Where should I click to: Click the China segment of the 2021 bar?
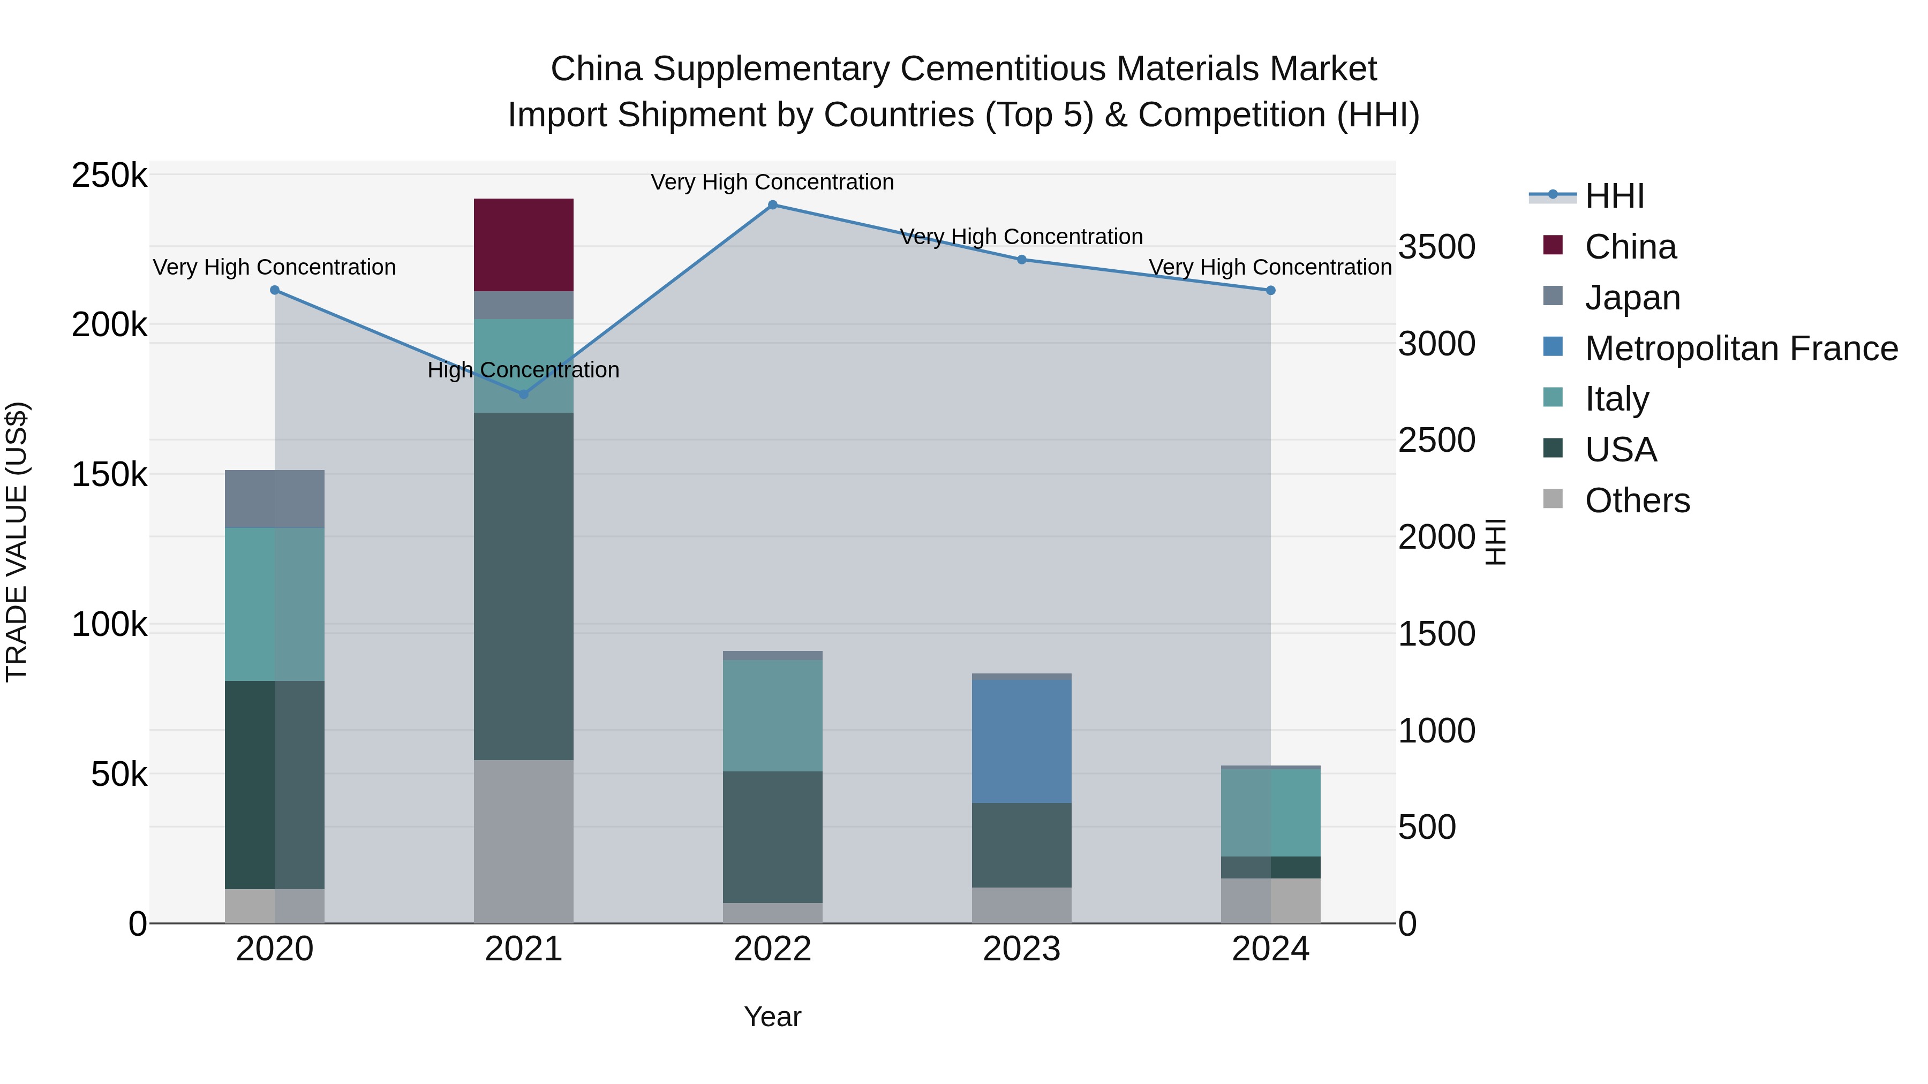point(523,245)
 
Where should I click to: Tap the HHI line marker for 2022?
point(772,205)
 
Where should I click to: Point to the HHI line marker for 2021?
point(523,394)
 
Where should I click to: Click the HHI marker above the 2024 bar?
point(1270,290)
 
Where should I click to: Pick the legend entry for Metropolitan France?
point(1741,348)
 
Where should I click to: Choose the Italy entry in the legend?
point(1617,399)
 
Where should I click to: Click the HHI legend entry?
point(1614,196)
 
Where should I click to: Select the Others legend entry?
point(1637,501)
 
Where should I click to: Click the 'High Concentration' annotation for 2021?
point(523,370)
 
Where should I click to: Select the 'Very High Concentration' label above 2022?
point(772,183)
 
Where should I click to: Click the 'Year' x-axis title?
point(772,1017)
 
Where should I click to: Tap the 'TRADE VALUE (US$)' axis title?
point(17,542)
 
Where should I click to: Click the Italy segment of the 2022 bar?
point(772,715)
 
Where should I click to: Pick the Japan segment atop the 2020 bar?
point(275,499)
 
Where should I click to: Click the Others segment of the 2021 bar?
point(523,841)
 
